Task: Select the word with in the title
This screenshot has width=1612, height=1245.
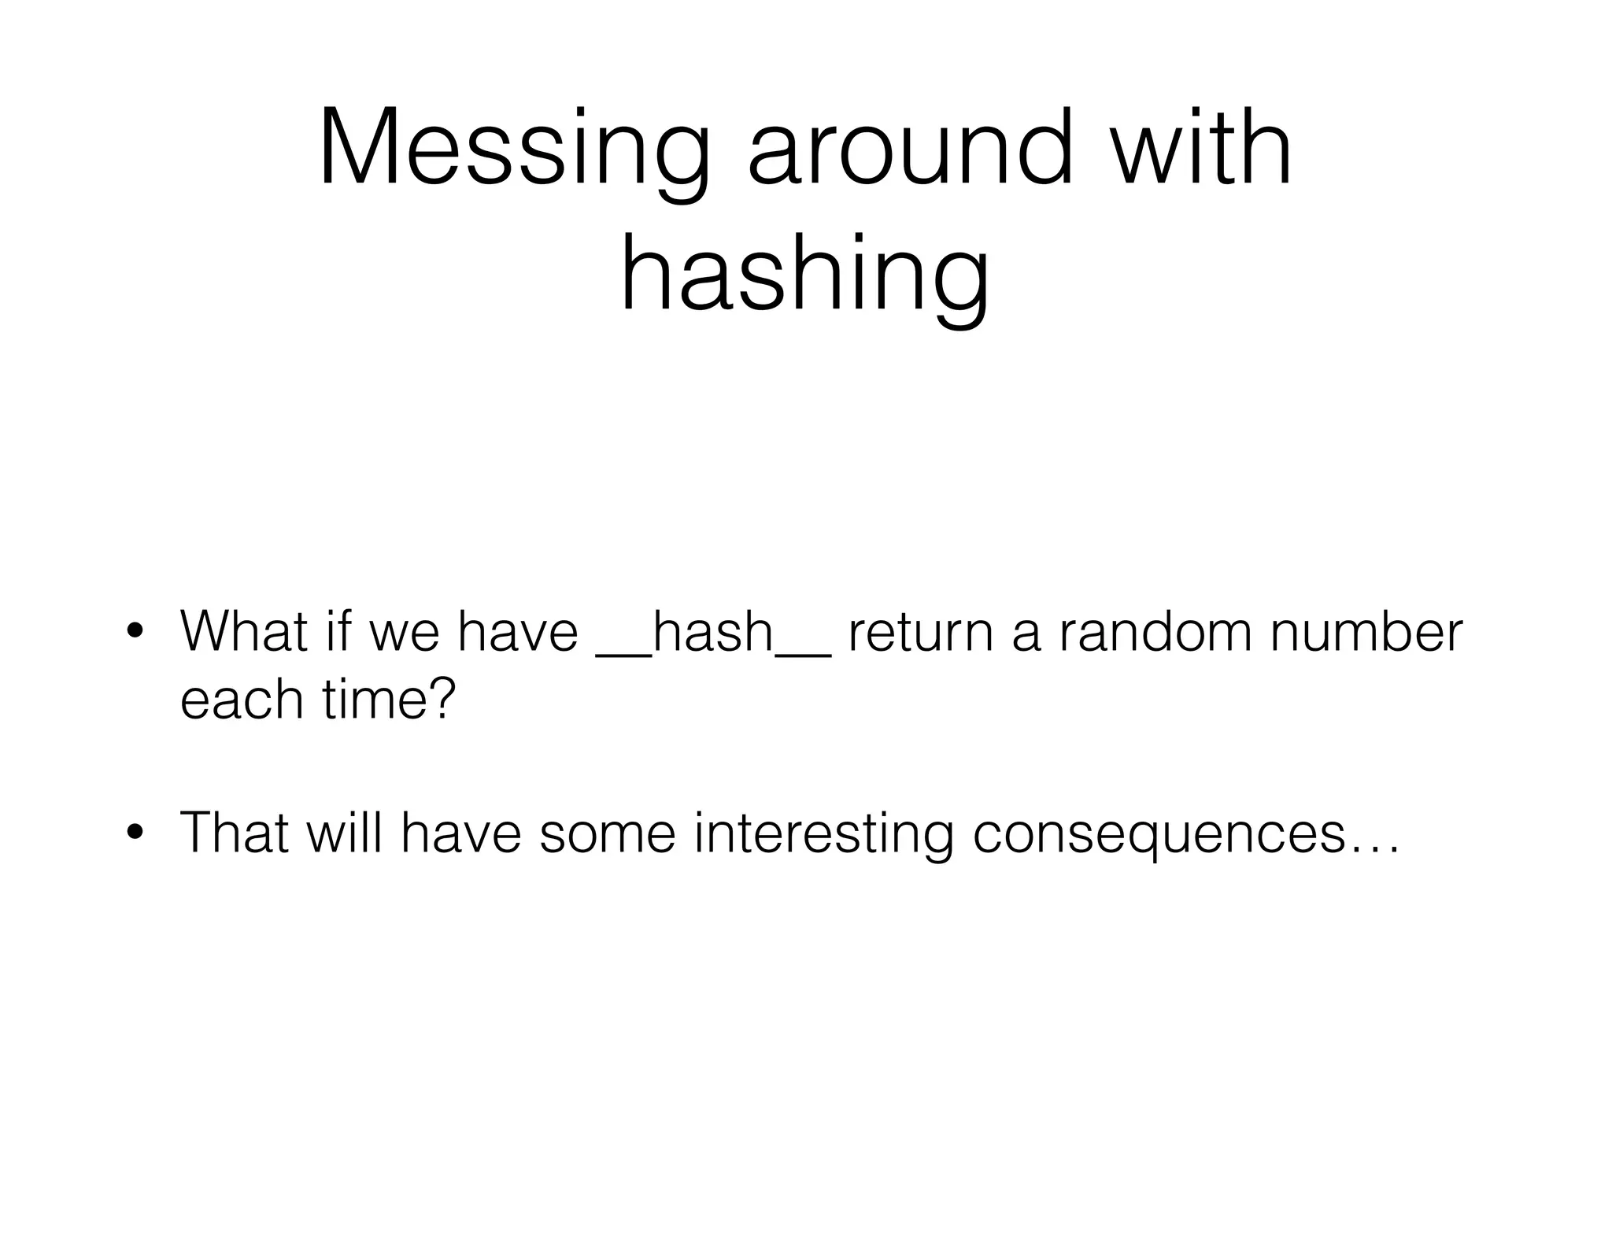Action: coord(1201,150)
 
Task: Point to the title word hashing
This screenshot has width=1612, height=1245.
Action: coord(804,275)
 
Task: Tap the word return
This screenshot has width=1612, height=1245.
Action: coord(920,631)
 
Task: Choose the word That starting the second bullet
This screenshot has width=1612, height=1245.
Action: coord(235,832)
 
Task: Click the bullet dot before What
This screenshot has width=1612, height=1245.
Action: coord(135,633)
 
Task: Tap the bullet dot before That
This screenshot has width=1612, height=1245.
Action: coord(135,833)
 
